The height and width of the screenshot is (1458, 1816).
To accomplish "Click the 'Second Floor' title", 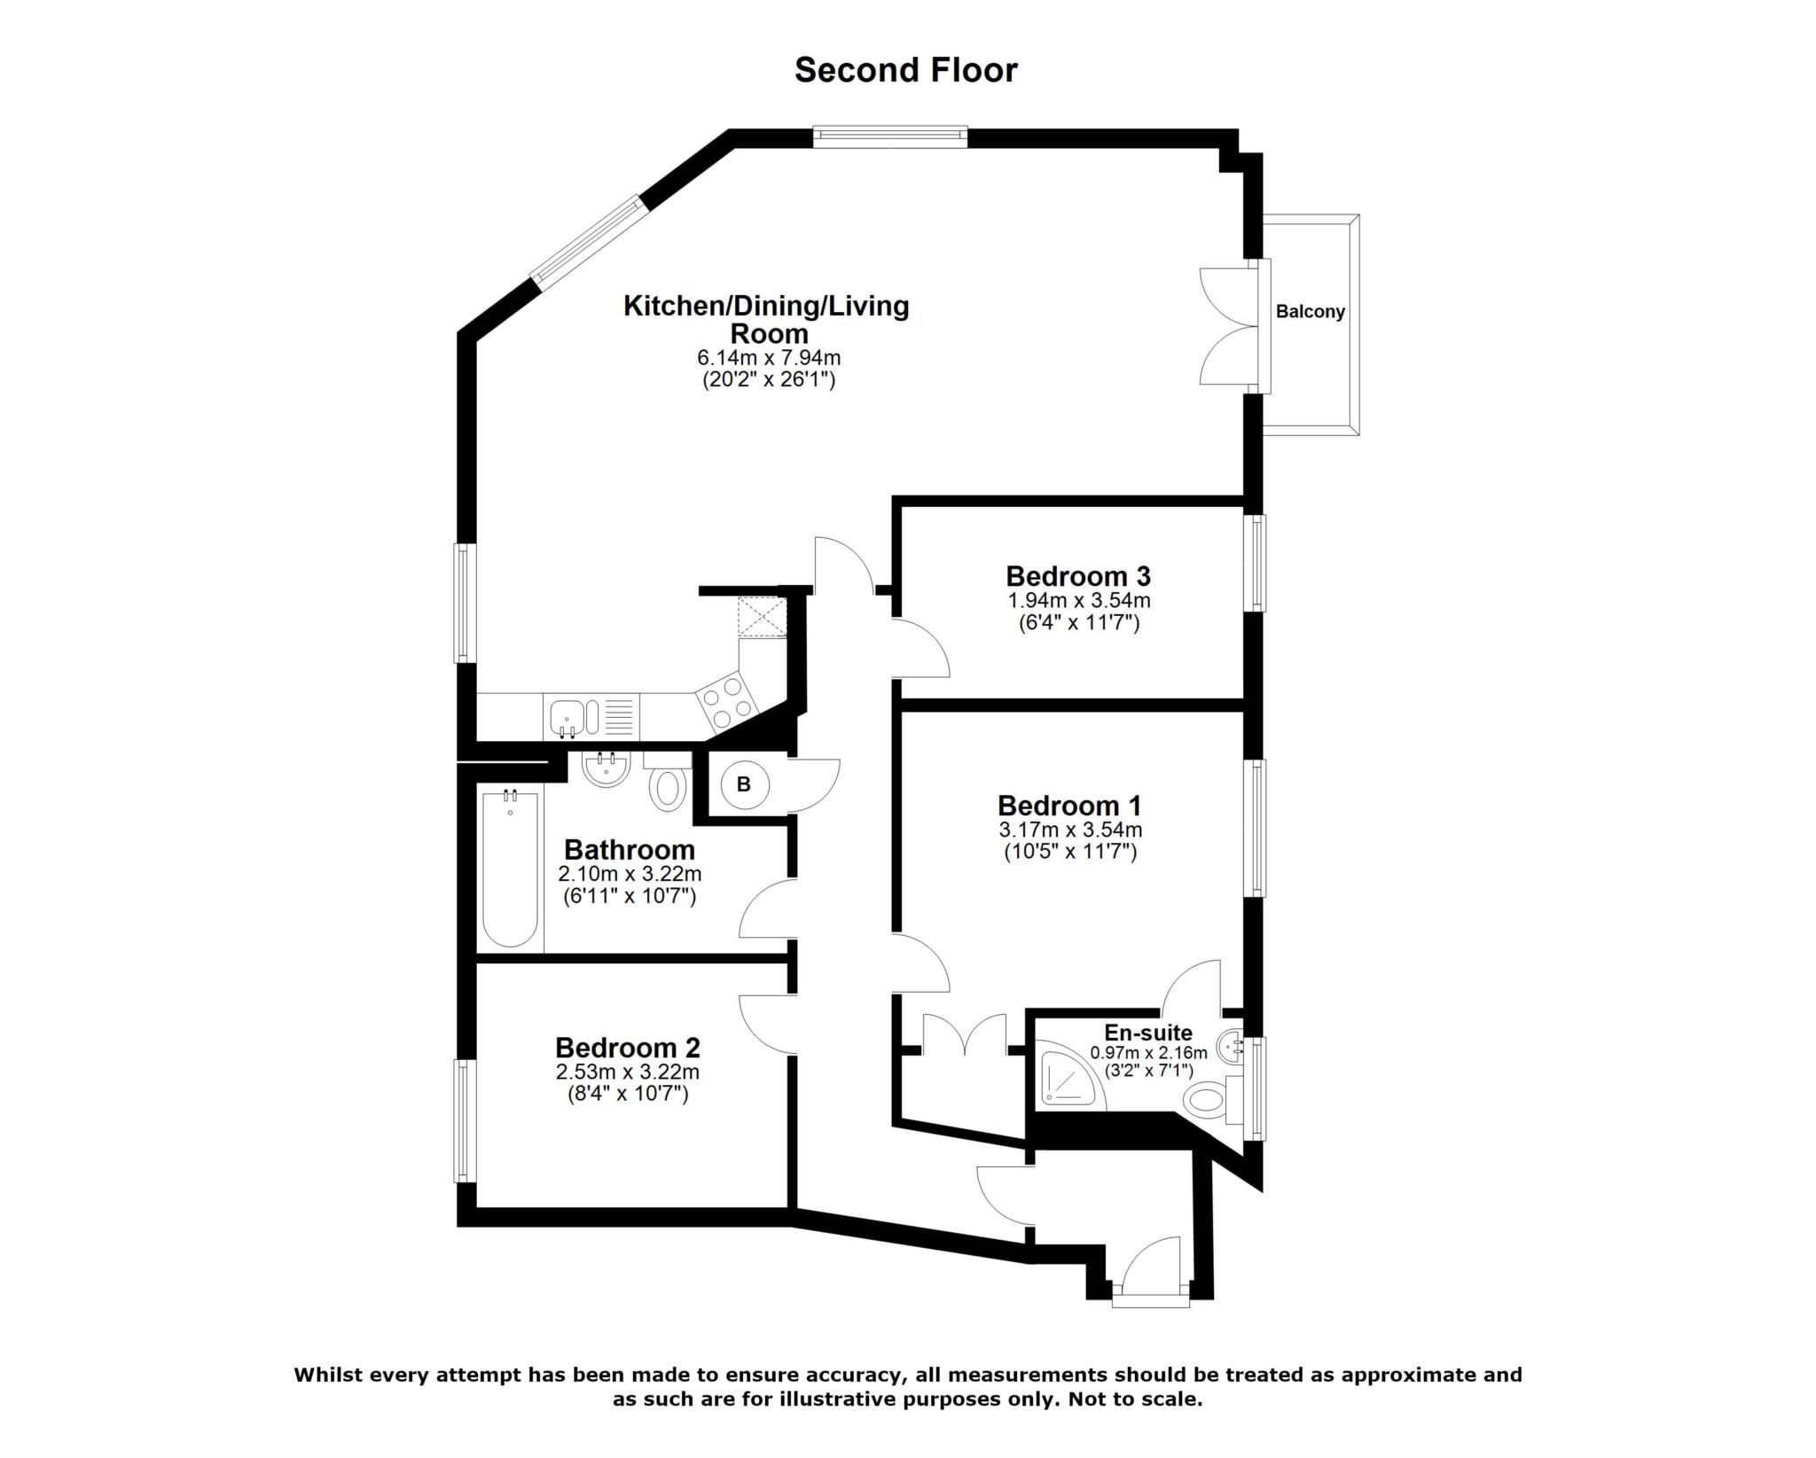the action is coord(905,70).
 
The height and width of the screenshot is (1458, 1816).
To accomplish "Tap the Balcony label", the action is coord(1310,312).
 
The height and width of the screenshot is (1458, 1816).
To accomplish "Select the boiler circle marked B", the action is coord(743,784).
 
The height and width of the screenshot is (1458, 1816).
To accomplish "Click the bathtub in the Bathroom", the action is coord(510,869).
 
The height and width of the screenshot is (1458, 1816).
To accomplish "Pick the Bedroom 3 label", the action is coord(1077,576).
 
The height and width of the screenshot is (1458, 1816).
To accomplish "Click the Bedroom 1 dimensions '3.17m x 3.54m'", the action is coord(1070,830).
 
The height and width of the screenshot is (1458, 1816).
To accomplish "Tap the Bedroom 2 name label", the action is coord(628,1048).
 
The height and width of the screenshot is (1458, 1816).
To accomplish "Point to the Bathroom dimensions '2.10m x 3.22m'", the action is coord(630,874).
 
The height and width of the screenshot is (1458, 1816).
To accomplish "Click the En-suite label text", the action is coord(1147,1033).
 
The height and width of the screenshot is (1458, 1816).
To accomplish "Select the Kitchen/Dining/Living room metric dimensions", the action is coord(769,358).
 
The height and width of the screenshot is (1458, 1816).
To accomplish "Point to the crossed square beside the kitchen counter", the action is coord(762,617).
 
